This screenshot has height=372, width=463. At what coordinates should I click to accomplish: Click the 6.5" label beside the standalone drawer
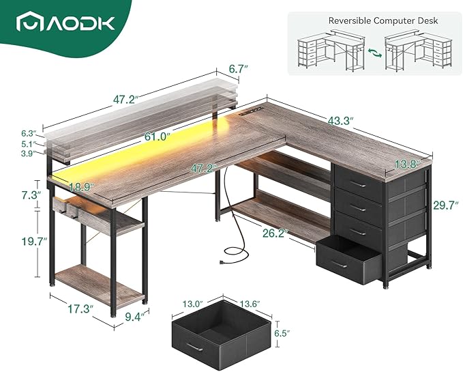point(293,334)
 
